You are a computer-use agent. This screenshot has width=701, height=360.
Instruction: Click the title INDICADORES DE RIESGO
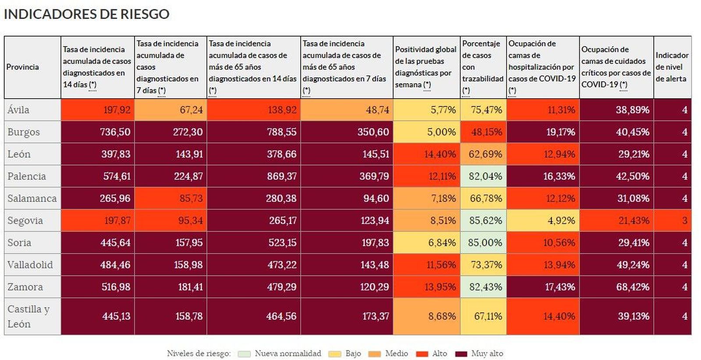point(86,14)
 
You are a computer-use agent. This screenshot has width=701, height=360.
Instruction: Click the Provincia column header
point(23,67)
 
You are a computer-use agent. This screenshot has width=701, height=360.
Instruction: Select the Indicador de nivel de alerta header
point(672,67)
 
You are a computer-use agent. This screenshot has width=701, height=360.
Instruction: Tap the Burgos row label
point(24,132)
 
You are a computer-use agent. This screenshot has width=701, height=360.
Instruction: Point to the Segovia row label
point(25,221)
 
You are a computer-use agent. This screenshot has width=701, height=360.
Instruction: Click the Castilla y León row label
point(28,316)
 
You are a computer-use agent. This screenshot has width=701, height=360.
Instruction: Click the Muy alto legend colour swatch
point(461,354)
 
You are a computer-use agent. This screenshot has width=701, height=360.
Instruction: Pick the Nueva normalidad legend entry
point(287,353)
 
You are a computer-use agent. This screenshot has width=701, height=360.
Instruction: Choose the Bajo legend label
point(353,353)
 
